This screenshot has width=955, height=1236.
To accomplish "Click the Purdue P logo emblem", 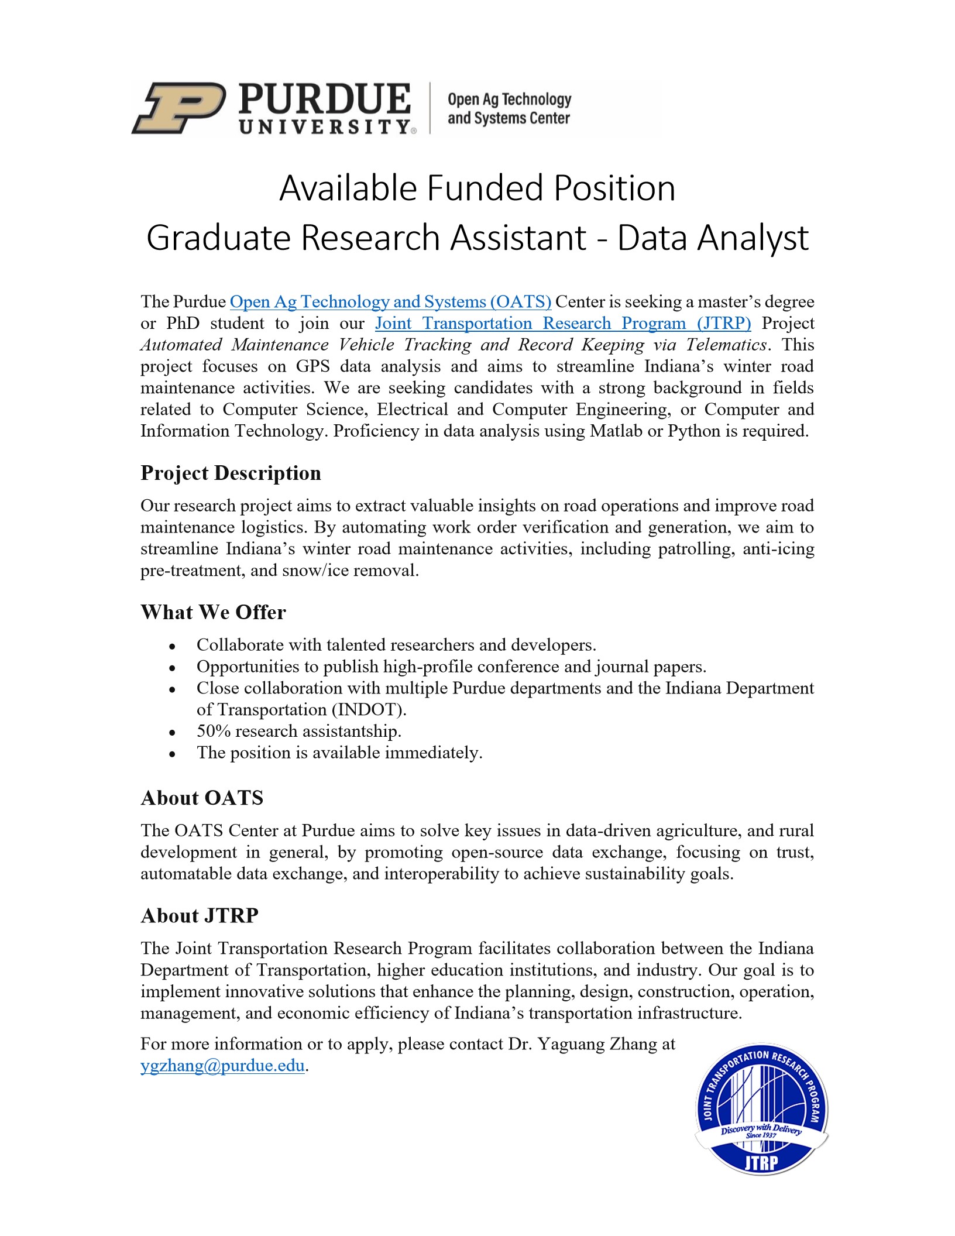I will tap(179, 108).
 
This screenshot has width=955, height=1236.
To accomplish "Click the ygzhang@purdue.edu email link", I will tap(222, 1065).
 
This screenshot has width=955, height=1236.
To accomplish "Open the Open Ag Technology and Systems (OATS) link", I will tap(390, 302).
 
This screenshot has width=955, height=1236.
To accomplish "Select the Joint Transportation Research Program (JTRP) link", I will tap(562, 324).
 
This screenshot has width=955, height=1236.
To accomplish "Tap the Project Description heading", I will tap(231, 473).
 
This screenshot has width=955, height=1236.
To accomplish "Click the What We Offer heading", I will tap(213, 612).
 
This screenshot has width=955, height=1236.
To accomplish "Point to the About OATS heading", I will tap(202, 798).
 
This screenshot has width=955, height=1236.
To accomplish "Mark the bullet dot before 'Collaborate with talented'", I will tap(172, 647).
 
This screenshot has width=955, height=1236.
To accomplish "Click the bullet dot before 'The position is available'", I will tap(172, 754).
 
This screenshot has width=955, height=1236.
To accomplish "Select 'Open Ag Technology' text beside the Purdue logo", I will tap(509, 99).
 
